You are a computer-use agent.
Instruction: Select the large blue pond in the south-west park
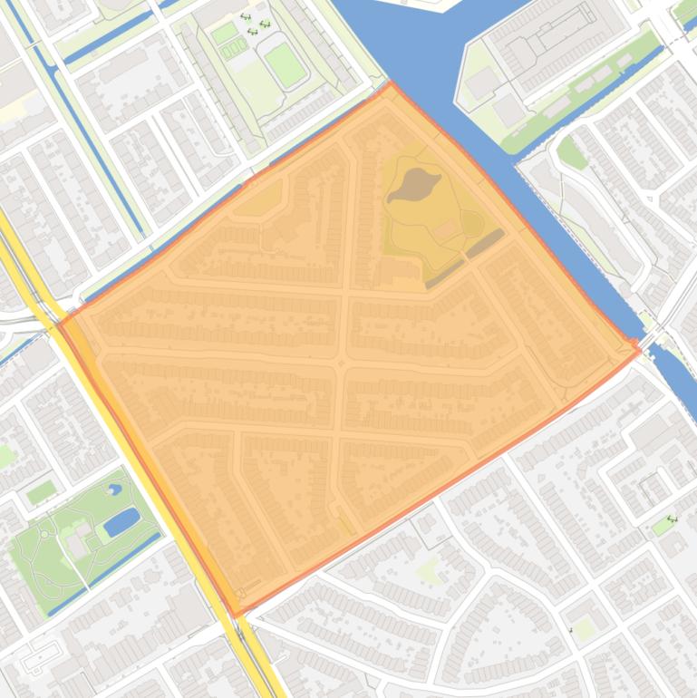pos(121,522)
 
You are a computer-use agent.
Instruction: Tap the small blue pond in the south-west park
pos(114,490)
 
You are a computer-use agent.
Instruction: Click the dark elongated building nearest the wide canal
pos(486,242)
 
